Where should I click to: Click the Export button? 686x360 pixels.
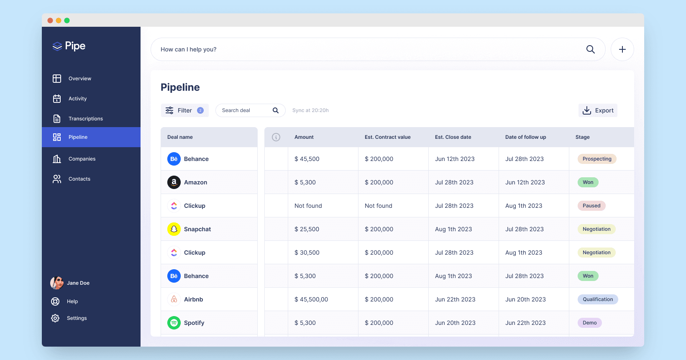598,110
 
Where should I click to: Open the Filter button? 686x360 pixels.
184,110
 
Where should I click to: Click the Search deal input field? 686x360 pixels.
250,110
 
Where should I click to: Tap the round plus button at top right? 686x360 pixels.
622,49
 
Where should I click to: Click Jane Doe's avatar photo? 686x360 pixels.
57,283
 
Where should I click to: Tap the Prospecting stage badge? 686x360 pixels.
597,159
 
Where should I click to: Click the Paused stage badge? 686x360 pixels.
591,206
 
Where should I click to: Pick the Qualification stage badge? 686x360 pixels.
598,299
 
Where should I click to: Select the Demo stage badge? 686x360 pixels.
589,323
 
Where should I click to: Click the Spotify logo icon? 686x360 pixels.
174,323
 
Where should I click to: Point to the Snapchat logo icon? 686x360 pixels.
174,229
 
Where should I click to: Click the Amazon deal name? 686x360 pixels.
195,182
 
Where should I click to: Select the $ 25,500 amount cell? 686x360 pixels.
307,229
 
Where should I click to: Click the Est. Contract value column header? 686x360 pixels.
387,137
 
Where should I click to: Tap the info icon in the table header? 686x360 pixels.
276,137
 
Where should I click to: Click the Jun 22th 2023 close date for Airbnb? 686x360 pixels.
455,299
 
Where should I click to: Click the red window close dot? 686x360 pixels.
50,20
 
